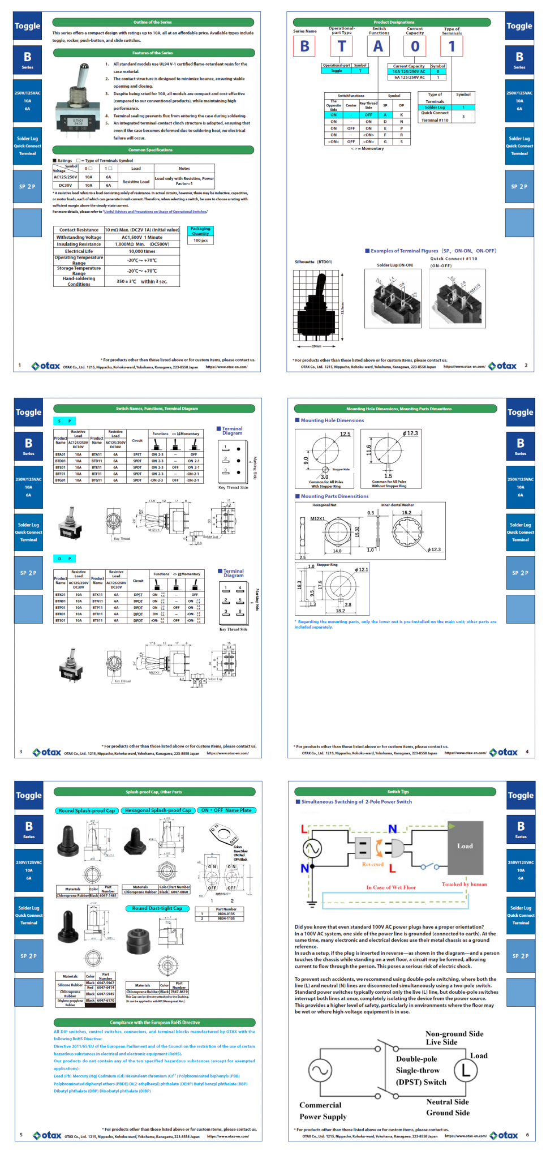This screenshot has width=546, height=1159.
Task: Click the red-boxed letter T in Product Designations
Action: [342, 46]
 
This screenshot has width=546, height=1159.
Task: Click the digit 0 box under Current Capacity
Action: [415, 46]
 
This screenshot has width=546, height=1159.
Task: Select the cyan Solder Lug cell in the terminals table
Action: [435, 107]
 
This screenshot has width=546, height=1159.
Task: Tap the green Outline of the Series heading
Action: [153, 22]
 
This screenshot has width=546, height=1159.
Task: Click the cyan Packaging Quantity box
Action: [200, 231]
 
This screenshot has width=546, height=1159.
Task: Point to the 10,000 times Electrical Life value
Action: [142, 251]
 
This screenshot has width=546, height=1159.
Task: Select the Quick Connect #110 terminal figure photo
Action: [457, 298]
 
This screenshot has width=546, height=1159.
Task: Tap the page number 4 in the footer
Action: [527, 752]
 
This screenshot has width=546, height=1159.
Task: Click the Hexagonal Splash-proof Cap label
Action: [158, 810]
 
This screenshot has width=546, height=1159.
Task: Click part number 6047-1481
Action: [108, 895]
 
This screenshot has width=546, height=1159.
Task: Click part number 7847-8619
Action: [179, 991]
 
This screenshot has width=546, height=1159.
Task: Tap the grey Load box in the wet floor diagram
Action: [465, 846]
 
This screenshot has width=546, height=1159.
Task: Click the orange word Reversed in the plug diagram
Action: [373, 864]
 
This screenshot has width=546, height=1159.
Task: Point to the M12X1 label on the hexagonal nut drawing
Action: [317, 518]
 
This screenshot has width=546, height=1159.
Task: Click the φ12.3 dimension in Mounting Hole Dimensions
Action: [410, 433]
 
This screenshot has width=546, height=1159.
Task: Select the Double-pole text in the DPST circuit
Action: [416, 1059]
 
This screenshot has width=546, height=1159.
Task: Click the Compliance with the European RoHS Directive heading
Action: [154, 1023]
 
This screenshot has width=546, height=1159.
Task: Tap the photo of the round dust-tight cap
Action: [139, 941]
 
